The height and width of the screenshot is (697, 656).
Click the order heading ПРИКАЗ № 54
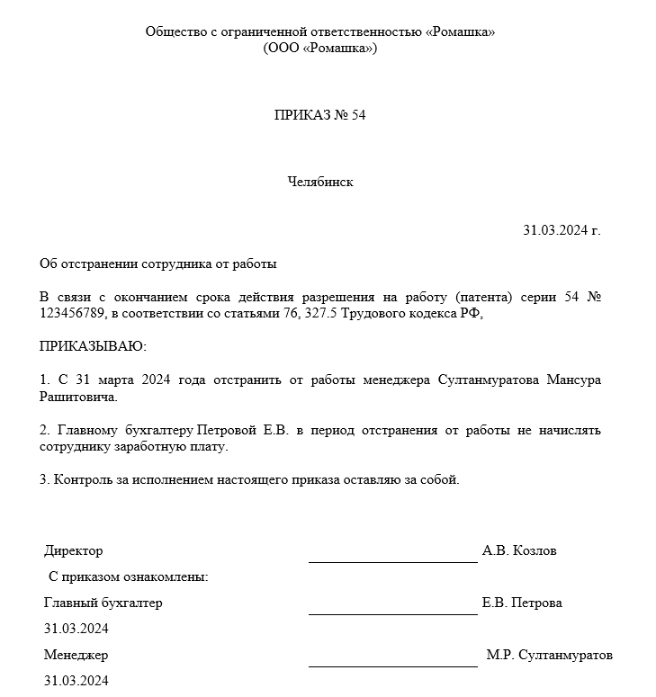pyautogui.click(x=320, y=115)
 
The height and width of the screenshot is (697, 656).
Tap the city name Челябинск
pyautogui.click(x=320, y=182)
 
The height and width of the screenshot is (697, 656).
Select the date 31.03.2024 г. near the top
pyautogui.click(x=562, y=230)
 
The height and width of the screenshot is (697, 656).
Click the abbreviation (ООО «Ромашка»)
pyautogui.click(x=320, y=48)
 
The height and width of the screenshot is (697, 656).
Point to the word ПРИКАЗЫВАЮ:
pyautogui.click(x=93, y=346)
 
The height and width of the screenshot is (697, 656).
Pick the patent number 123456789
pyautogui.click(x=73, y=314)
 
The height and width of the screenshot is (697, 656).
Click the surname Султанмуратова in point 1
pyautogui.click(x=487, y=380)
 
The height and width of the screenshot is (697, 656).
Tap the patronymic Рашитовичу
pyautogui.click(x=78, y=396)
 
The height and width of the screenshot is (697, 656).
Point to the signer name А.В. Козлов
pyautogui.click(x=519, y=550)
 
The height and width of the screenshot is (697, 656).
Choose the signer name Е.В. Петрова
pyautogui.click(x=522, y=603)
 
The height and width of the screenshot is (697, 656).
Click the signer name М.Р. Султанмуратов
pyautogui.click(x=549, y=655)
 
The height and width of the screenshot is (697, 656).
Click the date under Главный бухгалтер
pyautogui.click(x=76, y=629)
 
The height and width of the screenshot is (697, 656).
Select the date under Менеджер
pyautogui.click(x=76, y=681)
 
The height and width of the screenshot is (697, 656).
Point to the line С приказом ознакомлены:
pyautogui.click(x=128, y=576)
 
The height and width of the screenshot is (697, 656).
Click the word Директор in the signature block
pyautogui.click(x=73, y=550)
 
